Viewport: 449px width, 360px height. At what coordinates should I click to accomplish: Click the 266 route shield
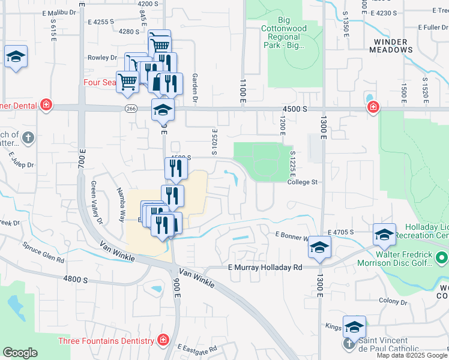131,108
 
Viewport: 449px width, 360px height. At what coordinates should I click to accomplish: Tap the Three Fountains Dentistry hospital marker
163,341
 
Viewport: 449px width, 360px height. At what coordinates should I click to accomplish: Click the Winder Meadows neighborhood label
399,47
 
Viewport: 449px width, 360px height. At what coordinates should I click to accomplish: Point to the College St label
301,182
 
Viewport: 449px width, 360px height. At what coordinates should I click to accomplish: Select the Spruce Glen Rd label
43,244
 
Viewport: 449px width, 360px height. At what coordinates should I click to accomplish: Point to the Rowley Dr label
102,58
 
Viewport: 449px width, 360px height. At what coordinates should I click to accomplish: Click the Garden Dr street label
194,88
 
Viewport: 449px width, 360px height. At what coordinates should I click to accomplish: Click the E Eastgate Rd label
197,349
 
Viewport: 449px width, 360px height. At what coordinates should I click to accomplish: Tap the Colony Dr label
393,301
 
